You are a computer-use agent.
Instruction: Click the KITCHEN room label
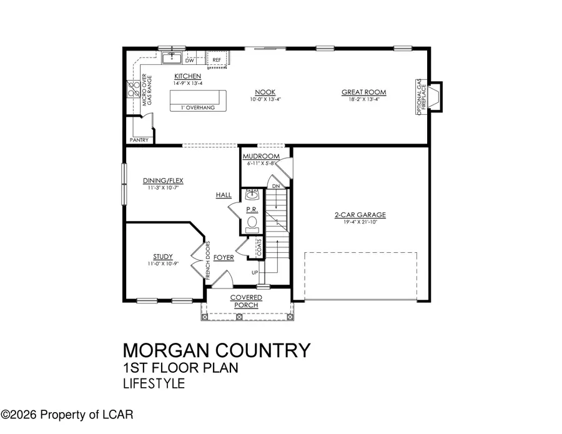(x=187, y=76)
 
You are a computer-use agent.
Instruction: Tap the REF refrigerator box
(x=217, y=60)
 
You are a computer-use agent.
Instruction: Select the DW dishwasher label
(x=190, y=61)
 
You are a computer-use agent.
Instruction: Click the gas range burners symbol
(x=134, y=90)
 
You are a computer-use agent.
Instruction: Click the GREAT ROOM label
(x=363, y=92)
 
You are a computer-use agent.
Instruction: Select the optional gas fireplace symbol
(x=435, y=97)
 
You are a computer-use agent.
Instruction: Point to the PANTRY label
(x=139, y=140)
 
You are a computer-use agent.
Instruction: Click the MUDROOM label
(x=261, y=156)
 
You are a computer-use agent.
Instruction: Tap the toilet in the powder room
(x=253, y=222)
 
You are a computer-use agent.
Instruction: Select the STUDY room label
(x=162, y=256)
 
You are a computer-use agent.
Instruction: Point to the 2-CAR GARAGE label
(x=360, y=215)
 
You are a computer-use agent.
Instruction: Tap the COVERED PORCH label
(x=246, y=301)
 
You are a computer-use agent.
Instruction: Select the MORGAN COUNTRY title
(x=216, y=350)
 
